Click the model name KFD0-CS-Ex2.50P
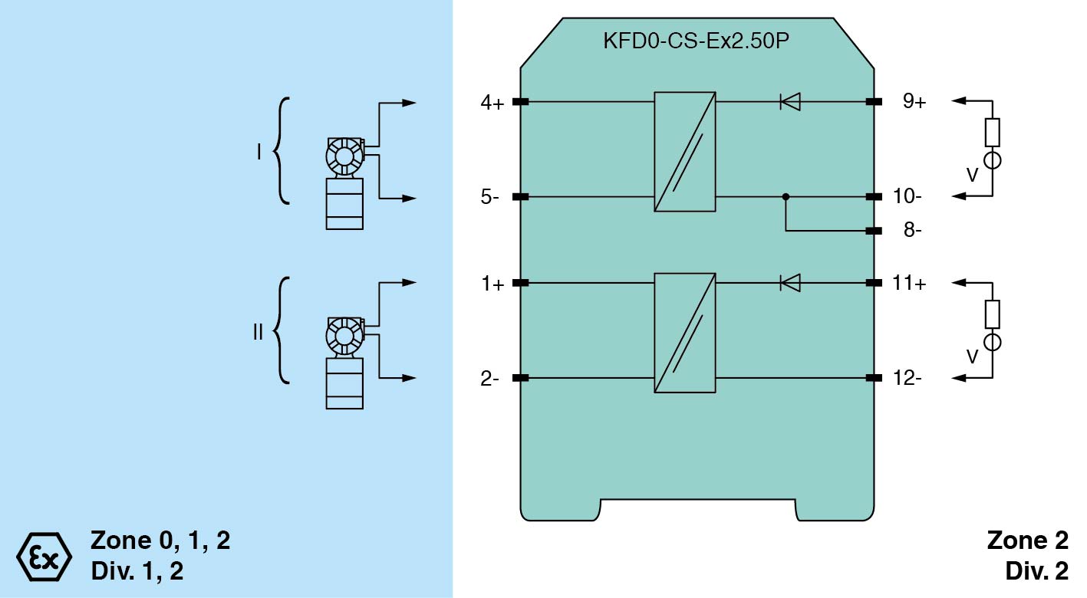696,41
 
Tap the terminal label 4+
492,102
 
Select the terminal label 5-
490,197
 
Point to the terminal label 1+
492,284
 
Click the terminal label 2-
490,378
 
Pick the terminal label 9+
914,102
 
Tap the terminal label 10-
908,197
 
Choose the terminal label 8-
912,231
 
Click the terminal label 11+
910,284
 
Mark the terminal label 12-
908,378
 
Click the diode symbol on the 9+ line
789,101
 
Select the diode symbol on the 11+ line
789,283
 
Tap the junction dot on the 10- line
786,197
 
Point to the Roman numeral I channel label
259,153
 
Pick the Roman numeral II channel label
258,333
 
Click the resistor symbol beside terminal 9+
992,133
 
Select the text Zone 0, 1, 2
160,540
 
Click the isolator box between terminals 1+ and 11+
685,333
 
